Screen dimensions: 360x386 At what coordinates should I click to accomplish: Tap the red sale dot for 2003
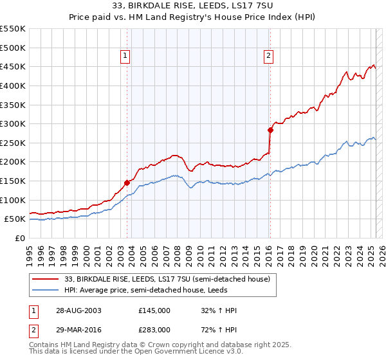[127, 183]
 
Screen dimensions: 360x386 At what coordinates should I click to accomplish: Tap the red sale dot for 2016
[270, 130]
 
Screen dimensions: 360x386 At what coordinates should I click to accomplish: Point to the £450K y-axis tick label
[14, 66]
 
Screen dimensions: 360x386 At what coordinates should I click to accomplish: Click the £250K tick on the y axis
[14, 143]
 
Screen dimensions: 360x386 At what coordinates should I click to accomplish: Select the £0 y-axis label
[19, 238]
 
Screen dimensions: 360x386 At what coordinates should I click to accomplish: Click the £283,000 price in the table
[154, 329]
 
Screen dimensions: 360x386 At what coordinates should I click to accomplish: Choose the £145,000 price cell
[154, 310]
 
